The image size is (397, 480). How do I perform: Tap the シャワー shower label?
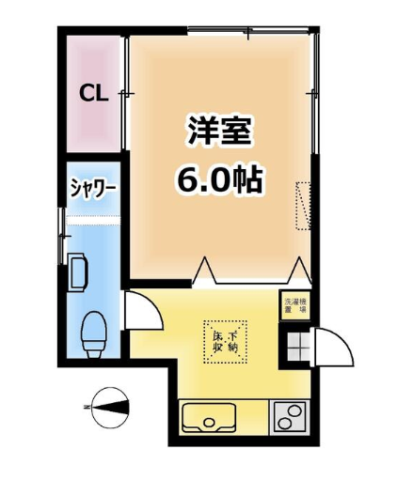click(92, 188)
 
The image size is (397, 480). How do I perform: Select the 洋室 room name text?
click(219, 132)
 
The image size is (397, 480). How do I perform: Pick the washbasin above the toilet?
click(77, 272)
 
